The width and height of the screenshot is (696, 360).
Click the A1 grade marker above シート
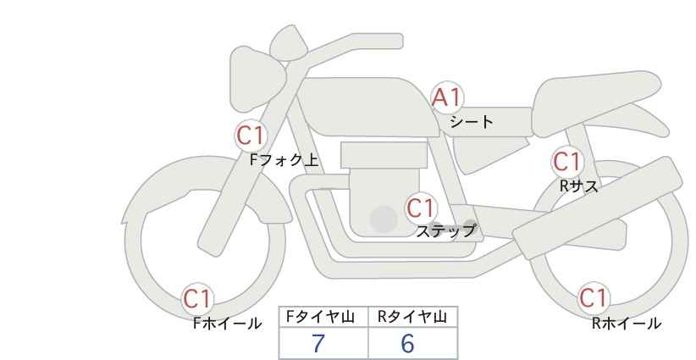448,98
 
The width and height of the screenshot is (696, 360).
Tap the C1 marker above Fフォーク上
251,135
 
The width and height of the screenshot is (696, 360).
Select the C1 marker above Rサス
567,162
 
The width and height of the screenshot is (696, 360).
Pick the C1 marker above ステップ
420,208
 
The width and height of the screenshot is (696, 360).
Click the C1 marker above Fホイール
199,298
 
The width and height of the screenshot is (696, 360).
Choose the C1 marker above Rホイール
594,298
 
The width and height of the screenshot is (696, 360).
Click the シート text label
472,121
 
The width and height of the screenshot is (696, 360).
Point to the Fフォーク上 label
284,159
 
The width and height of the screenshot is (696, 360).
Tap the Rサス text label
578,186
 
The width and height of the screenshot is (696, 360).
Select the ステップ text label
445,230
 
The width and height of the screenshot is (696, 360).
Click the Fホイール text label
227,323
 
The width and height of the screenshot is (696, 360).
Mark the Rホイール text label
627,323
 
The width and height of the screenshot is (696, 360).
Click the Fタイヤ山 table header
323,317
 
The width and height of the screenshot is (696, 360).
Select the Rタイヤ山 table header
412,317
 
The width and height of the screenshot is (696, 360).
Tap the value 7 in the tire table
319,344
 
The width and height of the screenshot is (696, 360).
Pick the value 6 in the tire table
407,344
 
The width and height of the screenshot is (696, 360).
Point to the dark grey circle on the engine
384,219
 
